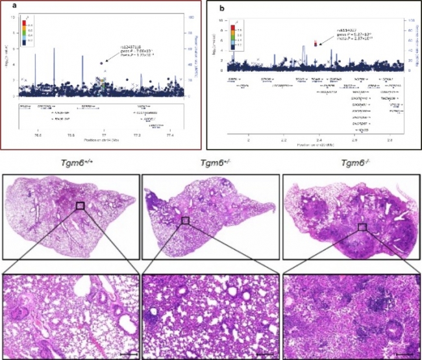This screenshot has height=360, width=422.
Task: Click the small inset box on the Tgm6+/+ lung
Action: click(80, 206)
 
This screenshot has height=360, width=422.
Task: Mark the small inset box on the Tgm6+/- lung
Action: click(185, 220)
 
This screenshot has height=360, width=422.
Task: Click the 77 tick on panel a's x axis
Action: click(104, 135)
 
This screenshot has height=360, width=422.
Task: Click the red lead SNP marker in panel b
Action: click(315, 43)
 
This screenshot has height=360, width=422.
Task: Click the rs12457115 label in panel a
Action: click(129, 46)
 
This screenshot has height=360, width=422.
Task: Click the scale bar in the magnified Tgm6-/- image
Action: click(404, 354)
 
